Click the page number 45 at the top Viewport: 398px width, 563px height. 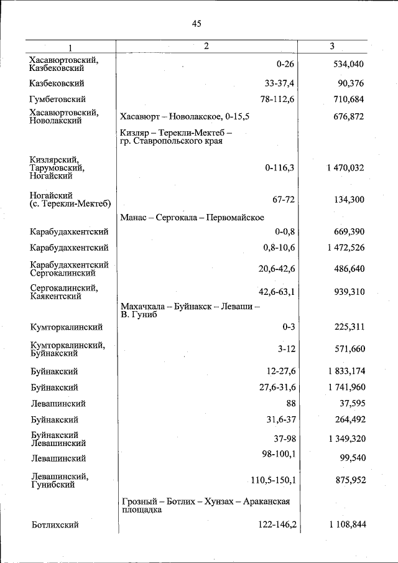tap(197, 24)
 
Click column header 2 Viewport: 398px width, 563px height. tap(206, 46)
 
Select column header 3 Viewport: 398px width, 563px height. tap(332, 46)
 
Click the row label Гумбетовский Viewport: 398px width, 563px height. tap(57, 99)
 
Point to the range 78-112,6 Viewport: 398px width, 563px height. tap(278, 99)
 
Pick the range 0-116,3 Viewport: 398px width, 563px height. tap(279, 168)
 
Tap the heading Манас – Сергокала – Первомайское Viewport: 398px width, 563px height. tap(192, 217)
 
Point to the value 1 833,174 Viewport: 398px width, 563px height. tap(343, 371)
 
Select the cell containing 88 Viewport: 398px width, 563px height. tap(290, 404)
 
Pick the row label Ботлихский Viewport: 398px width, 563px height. tap(55, 525)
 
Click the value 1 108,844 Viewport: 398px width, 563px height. tap(343, 525)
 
